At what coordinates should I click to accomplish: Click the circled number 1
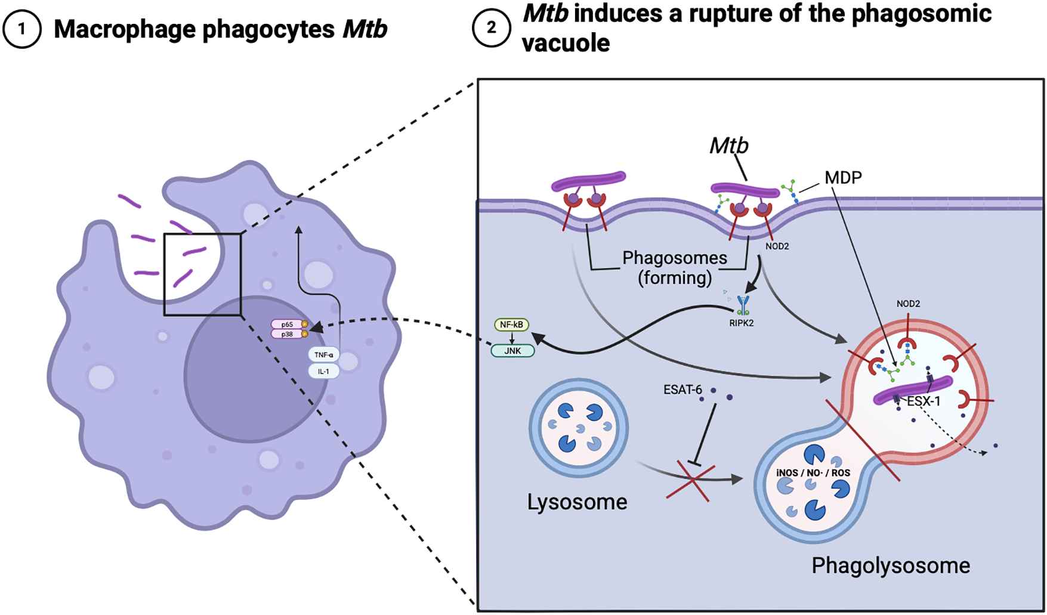coord(22,29)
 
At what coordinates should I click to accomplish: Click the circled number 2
coord(491,28)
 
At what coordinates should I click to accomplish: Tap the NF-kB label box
coord(511,325)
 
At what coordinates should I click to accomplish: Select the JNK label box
coord(512,351)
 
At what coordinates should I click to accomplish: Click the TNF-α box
coord(324,355)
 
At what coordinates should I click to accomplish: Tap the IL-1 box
coord(324,371)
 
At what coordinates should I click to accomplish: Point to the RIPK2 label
coord(742,323)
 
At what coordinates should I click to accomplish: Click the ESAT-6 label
coord(682,390)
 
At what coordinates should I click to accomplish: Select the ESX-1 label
coord(924,401)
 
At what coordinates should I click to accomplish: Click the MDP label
coord(843,177)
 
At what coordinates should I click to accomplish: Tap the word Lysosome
coord(577,502)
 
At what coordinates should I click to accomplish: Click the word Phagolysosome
coord(891,565)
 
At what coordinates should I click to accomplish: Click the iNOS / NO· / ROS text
coord(813,473)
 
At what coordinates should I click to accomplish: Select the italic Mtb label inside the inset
coord(728,146)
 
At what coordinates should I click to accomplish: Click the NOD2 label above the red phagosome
coord(908,304)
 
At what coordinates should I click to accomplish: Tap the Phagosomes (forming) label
coord(675,268)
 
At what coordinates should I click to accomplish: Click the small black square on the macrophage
coord(203,274)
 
